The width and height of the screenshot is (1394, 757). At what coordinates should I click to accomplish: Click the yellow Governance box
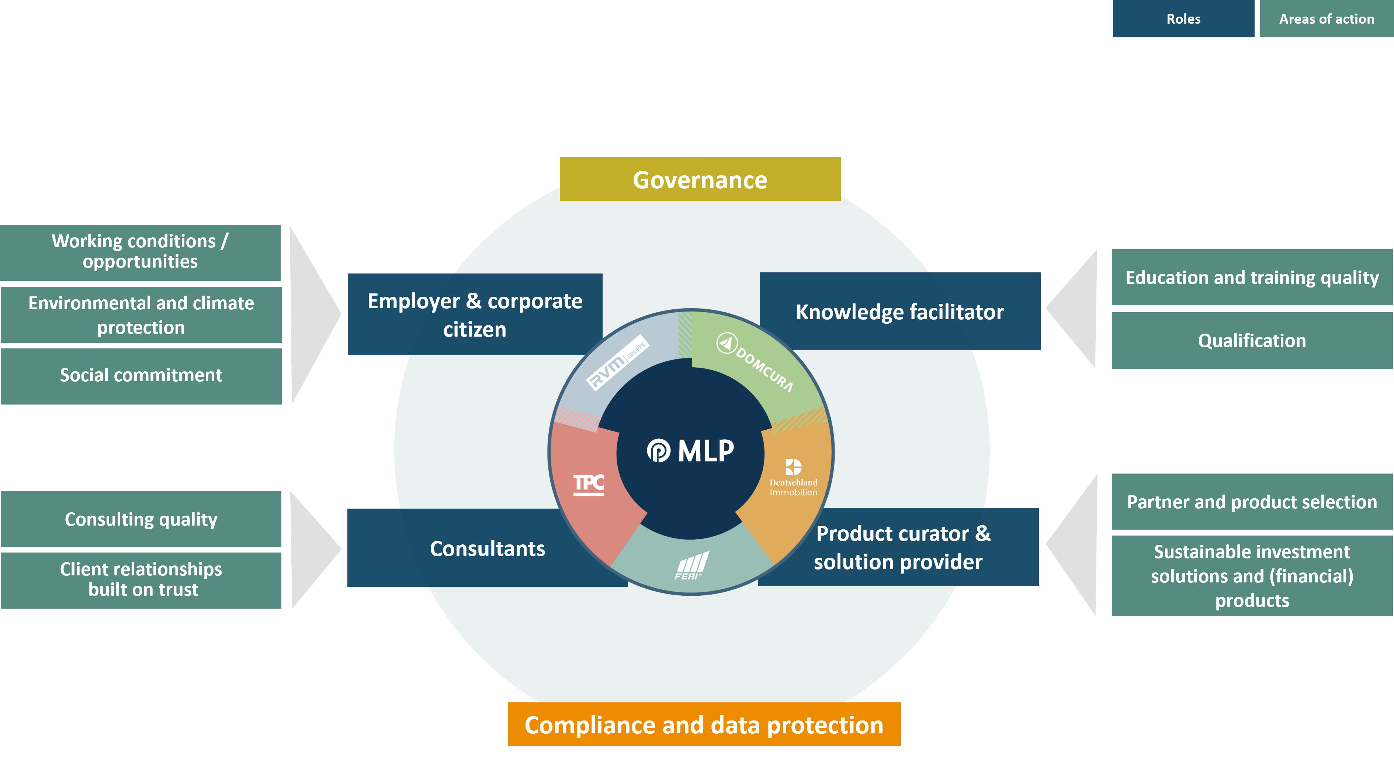[x=700, y=179]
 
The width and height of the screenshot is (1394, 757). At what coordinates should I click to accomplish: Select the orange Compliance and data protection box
[x=704, y=725]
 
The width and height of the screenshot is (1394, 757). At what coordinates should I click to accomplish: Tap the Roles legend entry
[x=1183, y=18]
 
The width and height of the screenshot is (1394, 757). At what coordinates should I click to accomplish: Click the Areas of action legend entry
[x=1327, y=18]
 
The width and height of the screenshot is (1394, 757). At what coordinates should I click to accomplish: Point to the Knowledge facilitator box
[x=900, y=312]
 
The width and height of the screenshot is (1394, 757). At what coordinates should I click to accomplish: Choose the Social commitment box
[x=141, y=376]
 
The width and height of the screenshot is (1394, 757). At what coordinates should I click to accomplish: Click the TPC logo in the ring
[x=589, y=484]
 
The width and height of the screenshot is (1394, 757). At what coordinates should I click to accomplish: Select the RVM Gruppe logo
[x=617, y=362]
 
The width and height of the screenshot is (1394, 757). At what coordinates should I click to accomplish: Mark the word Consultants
[x=488, y=548]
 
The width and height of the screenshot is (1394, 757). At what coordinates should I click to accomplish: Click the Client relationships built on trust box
[x=141, y=580]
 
